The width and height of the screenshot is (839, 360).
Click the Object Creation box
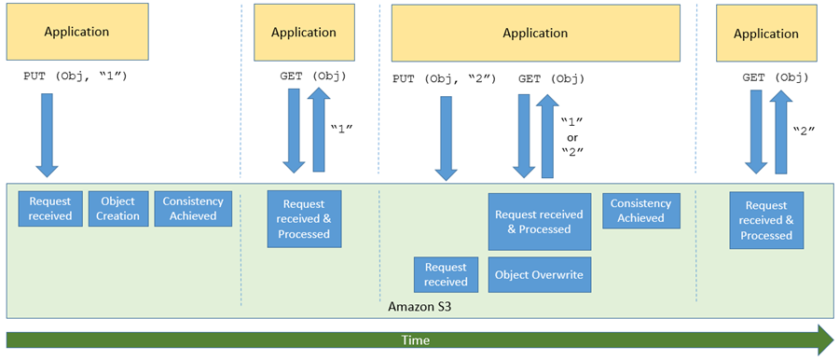tap(118, 208)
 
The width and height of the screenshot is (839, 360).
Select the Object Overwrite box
tap(540, 275)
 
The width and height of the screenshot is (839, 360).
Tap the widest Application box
tap(536, 33)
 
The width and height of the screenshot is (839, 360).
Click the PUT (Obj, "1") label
tap(75, 76)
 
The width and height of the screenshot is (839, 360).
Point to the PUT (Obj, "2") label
tap(445, 79)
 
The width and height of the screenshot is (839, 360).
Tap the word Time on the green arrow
tap(416, 339)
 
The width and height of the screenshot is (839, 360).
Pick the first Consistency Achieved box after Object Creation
tap(193, 208)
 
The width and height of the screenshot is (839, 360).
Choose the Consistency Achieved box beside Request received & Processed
tap(641, 211)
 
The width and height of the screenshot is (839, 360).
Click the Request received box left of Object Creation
tap(51, 208)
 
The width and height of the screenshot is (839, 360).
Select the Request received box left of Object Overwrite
tap(446, 275)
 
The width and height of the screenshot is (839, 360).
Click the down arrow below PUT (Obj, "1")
tap(48, 135)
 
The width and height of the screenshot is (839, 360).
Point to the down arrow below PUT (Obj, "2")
tap(446, 139)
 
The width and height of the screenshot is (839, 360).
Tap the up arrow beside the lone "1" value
tap(319, 130)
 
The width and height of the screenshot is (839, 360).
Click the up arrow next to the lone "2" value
tap(781, 132)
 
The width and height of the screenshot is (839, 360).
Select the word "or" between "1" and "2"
tap(571, 136)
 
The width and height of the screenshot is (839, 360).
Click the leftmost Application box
tap(77, 32)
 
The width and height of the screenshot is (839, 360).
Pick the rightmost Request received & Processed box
tap(767, 220)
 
